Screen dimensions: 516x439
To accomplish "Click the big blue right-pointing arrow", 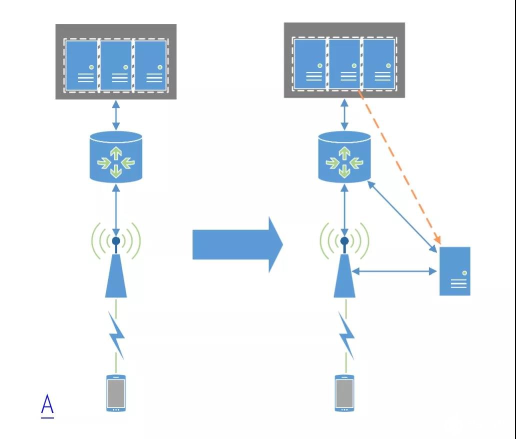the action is point(237,245).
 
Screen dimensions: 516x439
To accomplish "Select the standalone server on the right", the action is point(455,271).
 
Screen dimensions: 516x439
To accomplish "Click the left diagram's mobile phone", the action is point(116,393).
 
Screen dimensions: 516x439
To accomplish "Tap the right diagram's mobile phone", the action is point(344,393).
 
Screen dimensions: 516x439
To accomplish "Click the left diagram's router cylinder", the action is point(116,157).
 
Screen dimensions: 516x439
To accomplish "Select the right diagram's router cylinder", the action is point(344,156).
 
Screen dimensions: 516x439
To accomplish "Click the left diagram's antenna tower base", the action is point(116,276).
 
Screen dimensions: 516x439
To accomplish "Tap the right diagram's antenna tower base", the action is point(344,276).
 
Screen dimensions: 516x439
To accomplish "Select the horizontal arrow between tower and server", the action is point(394,271).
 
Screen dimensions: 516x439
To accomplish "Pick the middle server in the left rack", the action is point(116,65).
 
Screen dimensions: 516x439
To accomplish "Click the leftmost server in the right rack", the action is point(309,64).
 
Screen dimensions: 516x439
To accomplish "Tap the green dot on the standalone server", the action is point(464,273).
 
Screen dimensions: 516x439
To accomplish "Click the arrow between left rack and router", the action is point(116,115).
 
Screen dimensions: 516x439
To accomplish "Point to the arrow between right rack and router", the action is point(344,114).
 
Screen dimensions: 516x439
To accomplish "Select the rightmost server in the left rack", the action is point(150,65).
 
